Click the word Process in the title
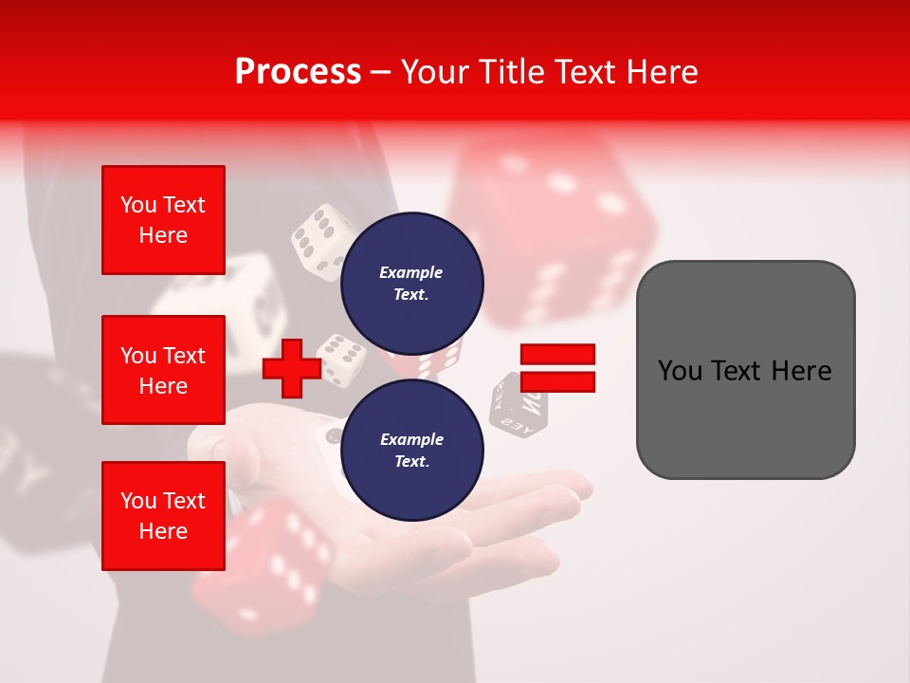pyautogui.click(x=298, y=72)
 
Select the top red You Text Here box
pyautogui.click(x=163, y=220)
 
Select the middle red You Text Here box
pyautogui.click(x=163, y=370)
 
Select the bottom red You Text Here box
pyautogui.click(x=163, y=516)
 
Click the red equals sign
pyautogui.click(x=557, y=369)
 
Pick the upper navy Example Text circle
pyautogui.click(x=411, y=283)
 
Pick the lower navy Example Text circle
pyautogui.click(x=411, y=450)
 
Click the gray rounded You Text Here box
pyautogui.click(x=745, y=370)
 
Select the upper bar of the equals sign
pyautogui.click(x=557, y=355)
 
